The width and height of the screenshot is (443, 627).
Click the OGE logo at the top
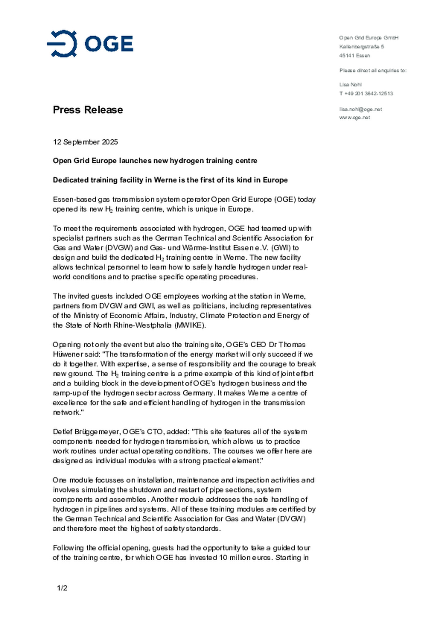(x=90, y=44)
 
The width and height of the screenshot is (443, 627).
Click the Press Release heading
(x=88, y=110)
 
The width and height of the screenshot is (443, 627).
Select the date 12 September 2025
(x=85, y=142)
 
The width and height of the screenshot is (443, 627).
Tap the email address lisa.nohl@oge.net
(x=361, y=109)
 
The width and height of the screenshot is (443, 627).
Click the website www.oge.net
(x=354, y=118)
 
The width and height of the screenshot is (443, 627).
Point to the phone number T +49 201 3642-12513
(x=366, y=94)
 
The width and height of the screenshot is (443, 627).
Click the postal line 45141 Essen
(x=354, y=56)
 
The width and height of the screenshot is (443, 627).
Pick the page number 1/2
(x=62, y=588)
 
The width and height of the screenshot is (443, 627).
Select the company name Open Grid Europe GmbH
(x=369, y=38)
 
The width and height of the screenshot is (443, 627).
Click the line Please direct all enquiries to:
(x=373, y=70)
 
